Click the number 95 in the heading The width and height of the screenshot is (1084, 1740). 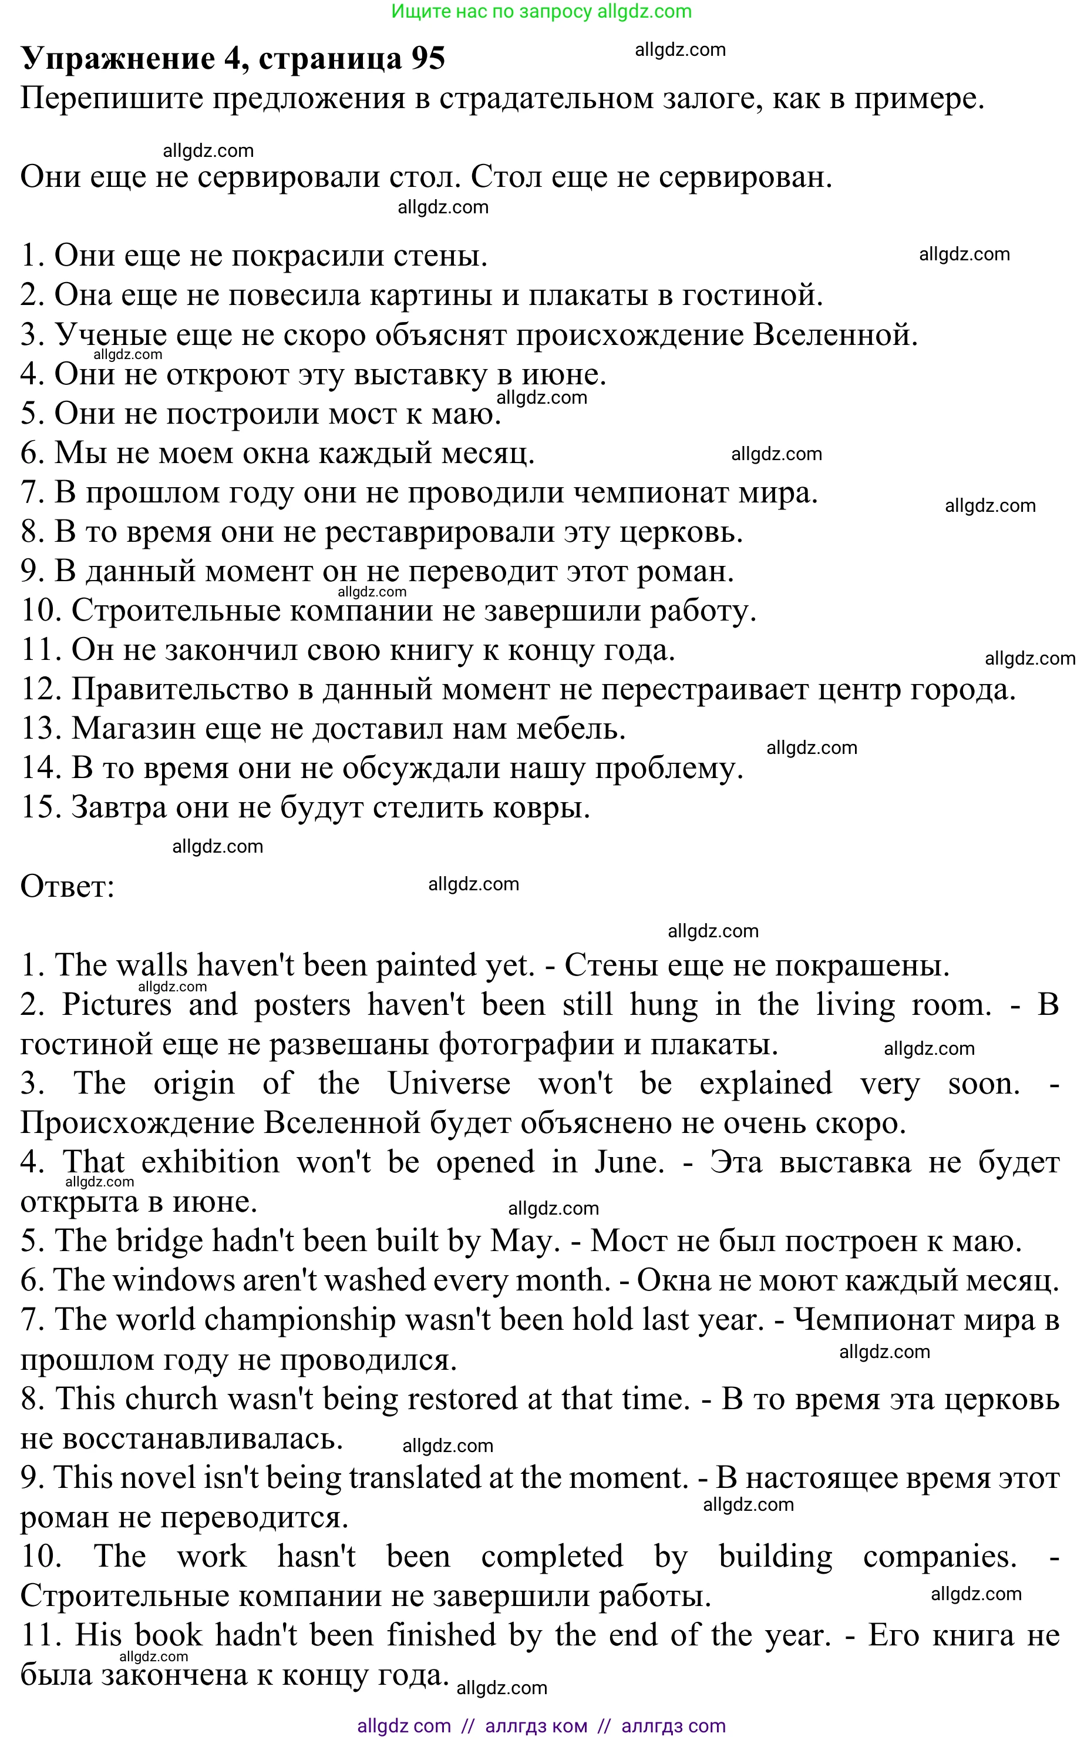[428, 59]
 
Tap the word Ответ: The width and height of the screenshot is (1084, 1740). [68, 887]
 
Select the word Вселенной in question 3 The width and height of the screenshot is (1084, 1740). [834, 336]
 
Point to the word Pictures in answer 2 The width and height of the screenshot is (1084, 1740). [117, 1005]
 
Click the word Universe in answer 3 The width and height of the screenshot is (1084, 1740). [449, 1084]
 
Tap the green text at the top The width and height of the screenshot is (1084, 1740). [541, 12]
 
